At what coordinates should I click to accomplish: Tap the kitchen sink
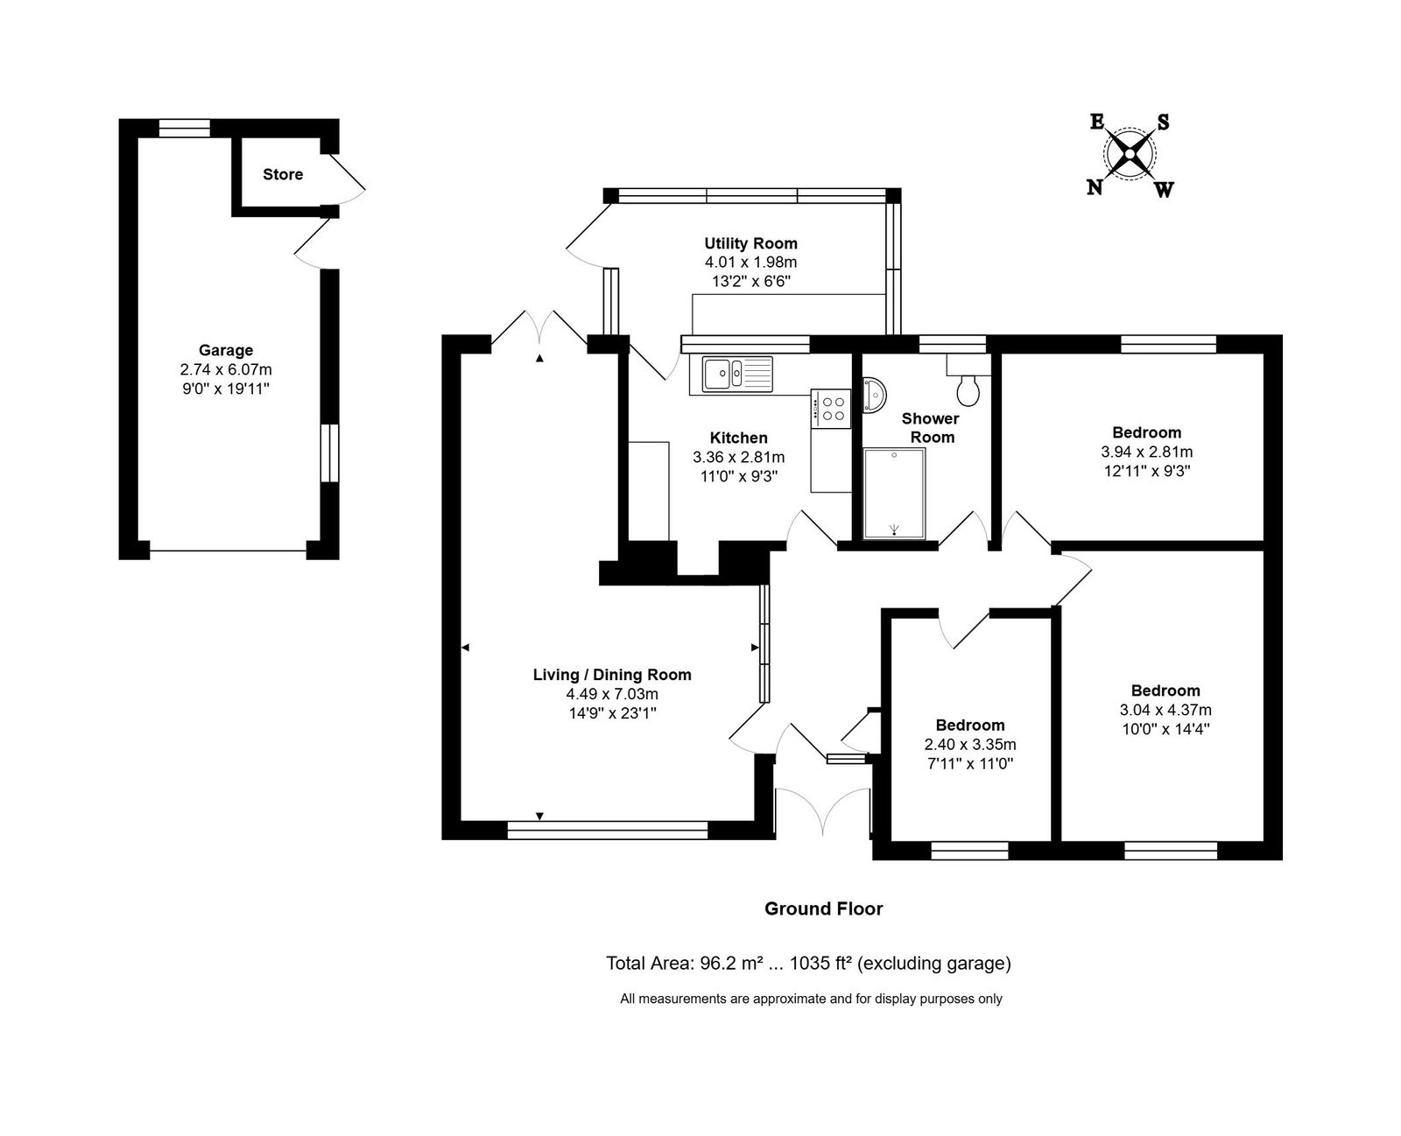tap(737, 375)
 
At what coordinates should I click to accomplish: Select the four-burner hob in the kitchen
tap(831, 408)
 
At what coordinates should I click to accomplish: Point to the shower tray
tap(895, 493)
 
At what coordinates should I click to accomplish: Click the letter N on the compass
tap(1095, 188)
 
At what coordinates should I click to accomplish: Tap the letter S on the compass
tap(1164, 123)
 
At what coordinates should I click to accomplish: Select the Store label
tap(283, 174)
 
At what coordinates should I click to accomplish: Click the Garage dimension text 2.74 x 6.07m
tap(226, 369)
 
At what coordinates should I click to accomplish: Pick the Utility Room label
tap(751, 243)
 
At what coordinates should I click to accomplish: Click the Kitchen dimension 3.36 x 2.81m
tap(739, 457)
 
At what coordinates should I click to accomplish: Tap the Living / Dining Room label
tap(612, 675)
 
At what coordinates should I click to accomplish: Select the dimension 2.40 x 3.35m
tap(970, 744)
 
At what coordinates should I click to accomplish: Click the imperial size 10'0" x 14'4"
tap(1165, 729)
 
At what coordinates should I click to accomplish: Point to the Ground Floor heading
tap(823, 908)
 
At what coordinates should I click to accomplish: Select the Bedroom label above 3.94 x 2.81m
tap(1146, 432)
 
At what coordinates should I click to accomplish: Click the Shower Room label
tap(931, 428)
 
